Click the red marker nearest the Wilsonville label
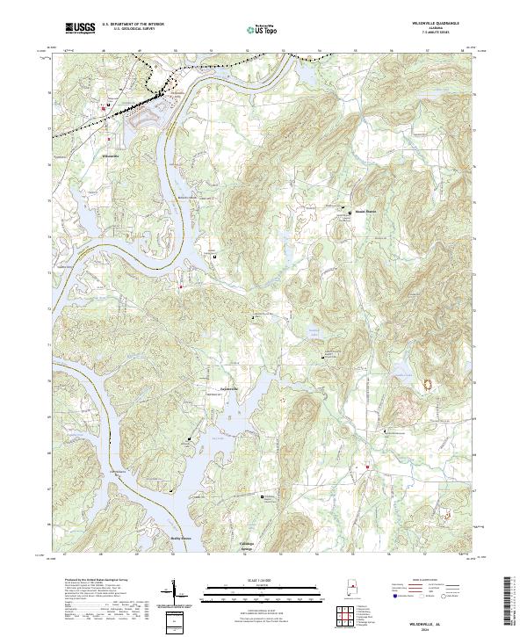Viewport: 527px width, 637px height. pyautogui.click(x=108, y=140)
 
